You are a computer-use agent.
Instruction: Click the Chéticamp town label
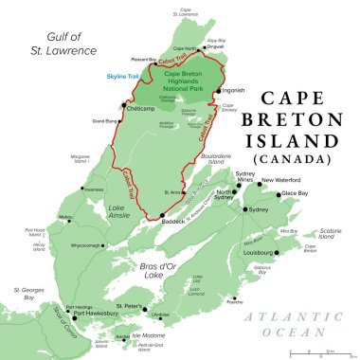pyautogui.click(x=140, y=106)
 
